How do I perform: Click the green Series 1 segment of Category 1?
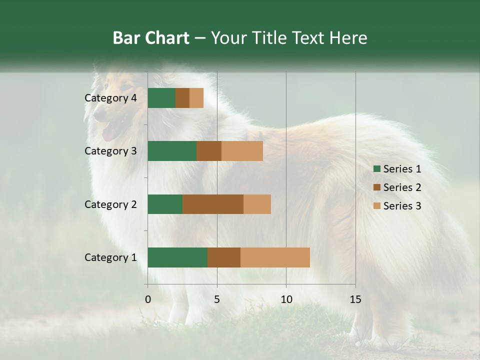[x=177, y=257]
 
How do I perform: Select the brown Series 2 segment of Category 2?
[x=213, y=204]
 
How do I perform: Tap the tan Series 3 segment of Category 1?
[x=275, y=257]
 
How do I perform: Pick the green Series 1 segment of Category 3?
[x=172, y=151]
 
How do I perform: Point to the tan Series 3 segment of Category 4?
[x=196, y=98]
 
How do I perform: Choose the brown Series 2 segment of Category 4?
[x=182, y=98]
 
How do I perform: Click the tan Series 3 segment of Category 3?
[x=242, y=151]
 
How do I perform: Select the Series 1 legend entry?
[x=397, y=169]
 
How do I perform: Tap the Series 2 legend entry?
[x=397, y=187]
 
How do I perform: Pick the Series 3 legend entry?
[x=397, y=206]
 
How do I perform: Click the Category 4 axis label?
[x=110, y=98]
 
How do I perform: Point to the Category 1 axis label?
[x=110, y=257]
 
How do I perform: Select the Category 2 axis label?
[x=110, y=204]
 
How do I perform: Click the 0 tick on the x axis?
[x=147, y=299]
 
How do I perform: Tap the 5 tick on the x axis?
[x=217, y=299]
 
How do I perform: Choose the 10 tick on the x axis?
[x=286, y=299]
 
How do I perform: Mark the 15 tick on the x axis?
[x=355, y=299]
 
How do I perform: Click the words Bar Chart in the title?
[x=151, y=38]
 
